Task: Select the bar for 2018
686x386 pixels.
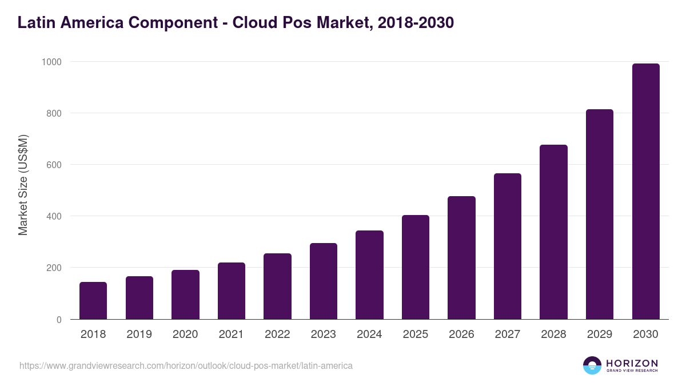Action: [93, 301]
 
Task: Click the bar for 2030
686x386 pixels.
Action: [645, 192]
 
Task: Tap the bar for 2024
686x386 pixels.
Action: [369, 275]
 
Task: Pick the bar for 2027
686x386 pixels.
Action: [508, 246]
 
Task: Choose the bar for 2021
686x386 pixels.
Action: [232, 291]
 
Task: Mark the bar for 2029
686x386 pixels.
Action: [600, 214]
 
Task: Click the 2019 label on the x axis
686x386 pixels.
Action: [139, 335]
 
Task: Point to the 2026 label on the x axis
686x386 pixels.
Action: [461, 335]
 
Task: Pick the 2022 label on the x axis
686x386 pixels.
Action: [277, 335]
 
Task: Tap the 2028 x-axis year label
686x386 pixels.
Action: [553, 335]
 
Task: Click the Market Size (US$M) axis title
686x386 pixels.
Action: [23, 185]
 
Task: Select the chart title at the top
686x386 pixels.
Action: [236, 23]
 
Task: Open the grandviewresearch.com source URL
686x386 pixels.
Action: [186, 365]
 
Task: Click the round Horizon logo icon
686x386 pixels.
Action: [592, 365]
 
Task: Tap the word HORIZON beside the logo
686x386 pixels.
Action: [632, 363]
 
